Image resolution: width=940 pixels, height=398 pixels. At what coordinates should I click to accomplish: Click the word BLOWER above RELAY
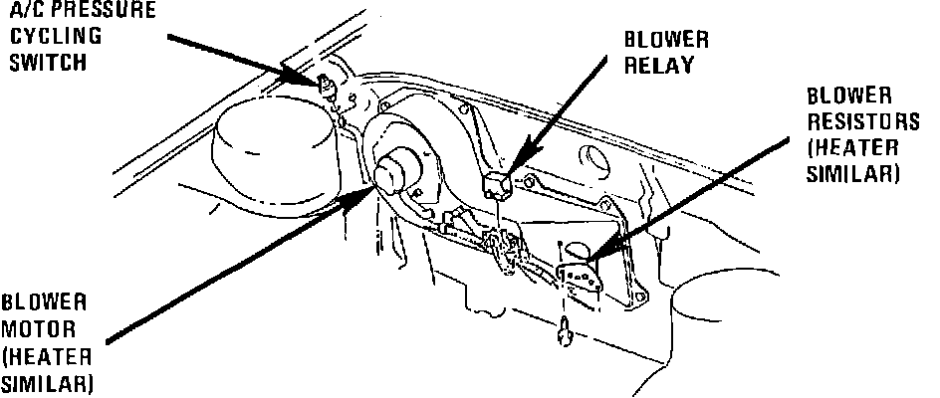(x=666, y=41)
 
